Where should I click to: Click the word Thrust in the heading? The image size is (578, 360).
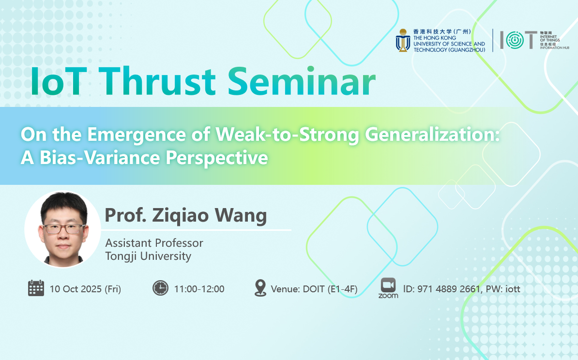coord(157,81)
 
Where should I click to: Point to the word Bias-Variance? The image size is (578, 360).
coord(100,158)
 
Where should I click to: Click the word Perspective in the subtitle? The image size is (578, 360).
coord(217,158)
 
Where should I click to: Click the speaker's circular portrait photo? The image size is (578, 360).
coord(62,229)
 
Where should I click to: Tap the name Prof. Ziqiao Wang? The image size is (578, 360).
coord(186,215)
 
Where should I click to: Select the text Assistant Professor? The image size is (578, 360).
coord(154,243)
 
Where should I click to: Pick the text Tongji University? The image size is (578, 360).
coord(148,256)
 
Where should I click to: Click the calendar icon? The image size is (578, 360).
coord(36,288)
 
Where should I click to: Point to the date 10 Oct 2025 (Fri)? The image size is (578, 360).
coord(86,289)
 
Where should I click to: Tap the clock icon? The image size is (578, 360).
coord(160,288)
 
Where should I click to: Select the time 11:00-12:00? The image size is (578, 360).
coord(199,289)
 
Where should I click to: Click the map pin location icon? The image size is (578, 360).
coord(260,288)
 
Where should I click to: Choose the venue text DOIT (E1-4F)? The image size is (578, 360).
coord(330,289)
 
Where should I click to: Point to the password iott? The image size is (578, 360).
coord(513,289)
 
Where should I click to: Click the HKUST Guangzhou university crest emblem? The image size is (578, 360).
coord(403,41)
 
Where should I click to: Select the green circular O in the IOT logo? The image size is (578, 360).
coord(515,40)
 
